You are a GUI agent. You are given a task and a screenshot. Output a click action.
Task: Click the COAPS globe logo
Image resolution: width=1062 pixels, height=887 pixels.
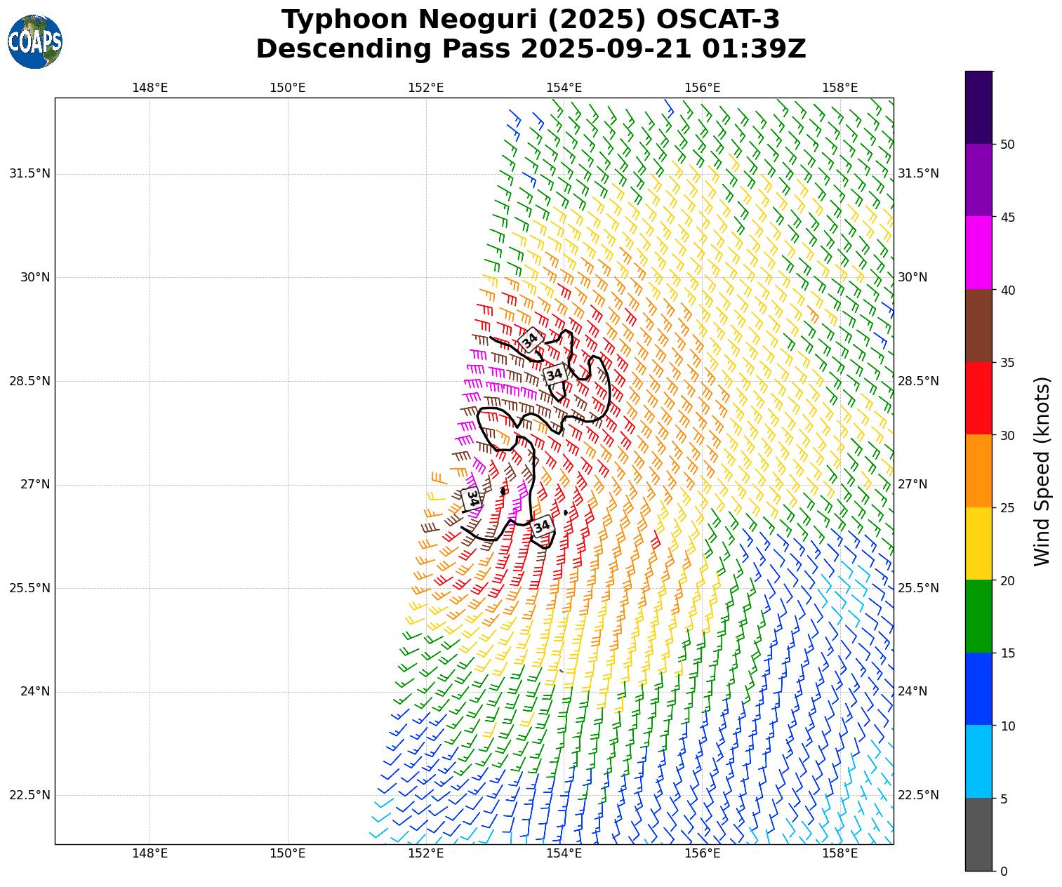point(35,41)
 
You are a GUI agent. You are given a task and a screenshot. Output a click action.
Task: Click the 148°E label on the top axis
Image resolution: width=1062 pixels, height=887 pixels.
point(150,88)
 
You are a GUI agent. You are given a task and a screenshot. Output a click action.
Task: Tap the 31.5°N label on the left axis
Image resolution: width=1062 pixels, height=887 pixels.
point(29,173)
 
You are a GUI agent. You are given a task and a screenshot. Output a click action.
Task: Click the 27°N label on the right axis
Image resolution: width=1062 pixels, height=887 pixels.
point(912,485)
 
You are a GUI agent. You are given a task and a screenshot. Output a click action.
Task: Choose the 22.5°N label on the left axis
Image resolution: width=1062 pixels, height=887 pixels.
point(29,795)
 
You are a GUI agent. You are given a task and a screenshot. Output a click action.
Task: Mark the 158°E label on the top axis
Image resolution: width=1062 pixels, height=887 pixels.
point(840,88)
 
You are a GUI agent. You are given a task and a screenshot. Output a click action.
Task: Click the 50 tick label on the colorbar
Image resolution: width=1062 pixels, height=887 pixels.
point(1008,145)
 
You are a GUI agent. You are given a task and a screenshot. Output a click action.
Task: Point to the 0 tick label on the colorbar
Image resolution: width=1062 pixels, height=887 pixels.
point(1004,872)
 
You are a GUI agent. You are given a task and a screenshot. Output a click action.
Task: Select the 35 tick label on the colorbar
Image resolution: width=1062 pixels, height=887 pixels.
point(1008,363)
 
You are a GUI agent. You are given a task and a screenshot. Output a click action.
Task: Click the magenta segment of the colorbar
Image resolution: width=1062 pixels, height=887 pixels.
point(978,253)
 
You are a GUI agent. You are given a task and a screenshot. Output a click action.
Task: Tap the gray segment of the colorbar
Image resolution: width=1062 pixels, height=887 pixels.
point(978,834)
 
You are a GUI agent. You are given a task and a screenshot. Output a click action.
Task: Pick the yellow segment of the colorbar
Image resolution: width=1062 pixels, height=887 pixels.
point(978,543)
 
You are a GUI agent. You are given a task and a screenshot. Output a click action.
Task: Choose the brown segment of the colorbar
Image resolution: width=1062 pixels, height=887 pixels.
point(978,326)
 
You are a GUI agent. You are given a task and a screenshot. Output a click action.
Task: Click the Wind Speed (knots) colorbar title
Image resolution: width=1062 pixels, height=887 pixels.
point(1042,471)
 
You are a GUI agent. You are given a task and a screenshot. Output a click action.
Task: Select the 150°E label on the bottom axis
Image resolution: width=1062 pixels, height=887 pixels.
point(288,854)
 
